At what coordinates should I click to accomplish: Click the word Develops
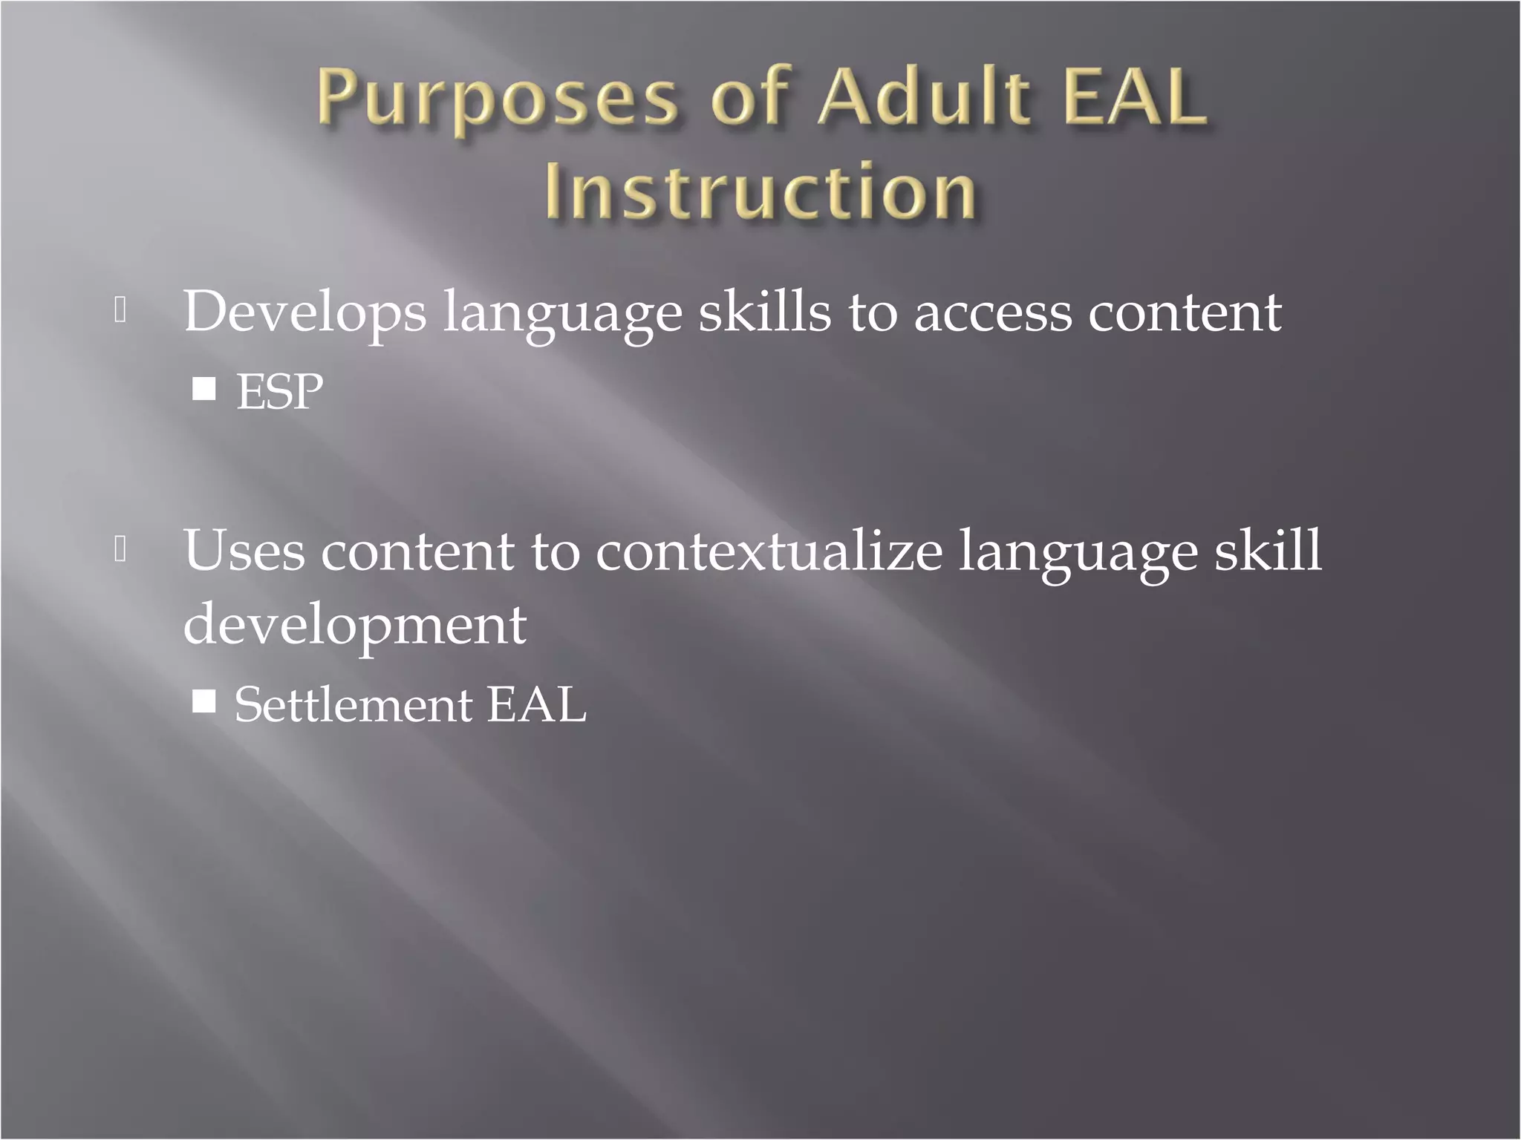305,312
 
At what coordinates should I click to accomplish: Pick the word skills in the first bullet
765,311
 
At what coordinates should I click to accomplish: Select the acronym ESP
279,391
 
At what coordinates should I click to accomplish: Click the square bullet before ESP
203,389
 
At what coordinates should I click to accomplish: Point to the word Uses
244,551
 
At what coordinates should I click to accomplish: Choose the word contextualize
769,551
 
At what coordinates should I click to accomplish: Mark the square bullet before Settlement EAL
203,701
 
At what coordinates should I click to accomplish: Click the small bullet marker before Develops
121,309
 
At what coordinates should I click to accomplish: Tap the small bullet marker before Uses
121,548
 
